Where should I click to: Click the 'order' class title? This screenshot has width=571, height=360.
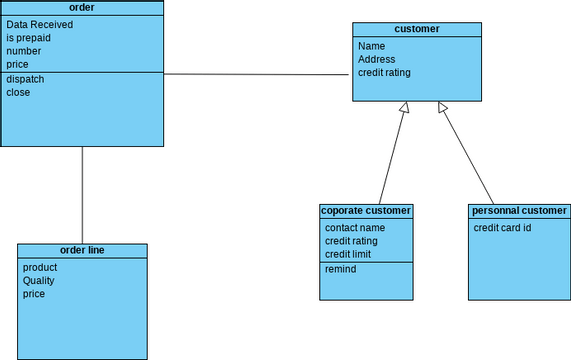(x=82, y=7)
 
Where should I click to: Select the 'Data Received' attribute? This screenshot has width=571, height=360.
(x=39, y=24)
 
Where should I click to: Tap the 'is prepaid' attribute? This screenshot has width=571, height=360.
(x=28, y=38)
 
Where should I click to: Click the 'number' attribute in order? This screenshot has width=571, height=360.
(x=24, y=51)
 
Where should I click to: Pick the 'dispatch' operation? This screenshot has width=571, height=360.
(x=25, y=79)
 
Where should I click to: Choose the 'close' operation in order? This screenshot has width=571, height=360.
(x=18, y=93)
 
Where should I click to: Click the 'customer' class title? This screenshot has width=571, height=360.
(x=416, y=30)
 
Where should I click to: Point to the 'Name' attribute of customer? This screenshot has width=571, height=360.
(x=371, y=46)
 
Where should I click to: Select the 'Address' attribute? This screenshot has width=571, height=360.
(x=377, y=59)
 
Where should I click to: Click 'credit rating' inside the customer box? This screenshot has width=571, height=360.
(x=384, y=72)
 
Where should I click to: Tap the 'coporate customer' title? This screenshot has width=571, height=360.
(x=366, y=211)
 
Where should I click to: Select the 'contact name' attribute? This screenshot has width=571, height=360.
(x=355, y=228)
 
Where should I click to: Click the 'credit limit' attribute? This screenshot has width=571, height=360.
(x=349, y=255)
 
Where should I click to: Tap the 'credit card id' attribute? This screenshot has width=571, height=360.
(x=502, y=228)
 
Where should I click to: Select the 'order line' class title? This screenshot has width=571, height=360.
(x=82, y=250)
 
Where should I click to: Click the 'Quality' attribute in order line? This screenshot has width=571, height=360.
(x=39, y=281)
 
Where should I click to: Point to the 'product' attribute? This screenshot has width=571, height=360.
(x=40, y=267)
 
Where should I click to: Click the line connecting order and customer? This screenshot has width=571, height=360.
(x=258, y=74)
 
